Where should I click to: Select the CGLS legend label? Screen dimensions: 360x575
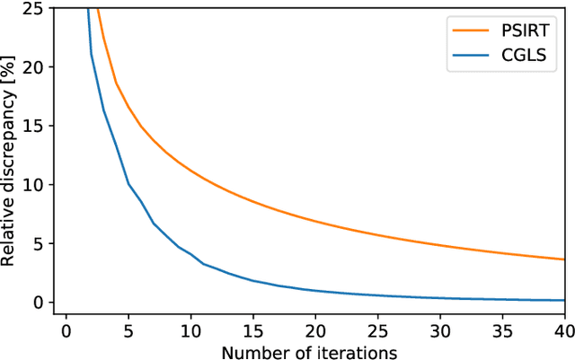(x=525, y=58)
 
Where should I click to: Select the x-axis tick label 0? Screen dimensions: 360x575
(x=66, y=330)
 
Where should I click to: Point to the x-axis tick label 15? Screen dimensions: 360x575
(x=252, y=330)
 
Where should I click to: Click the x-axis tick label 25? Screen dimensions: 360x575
(x=377, y=330)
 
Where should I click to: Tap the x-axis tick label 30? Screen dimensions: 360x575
(x=440, y=330)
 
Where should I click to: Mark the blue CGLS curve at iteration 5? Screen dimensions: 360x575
(x=128, y=183)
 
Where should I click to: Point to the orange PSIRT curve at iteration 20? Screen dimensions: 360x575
(x=315, y=220)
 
